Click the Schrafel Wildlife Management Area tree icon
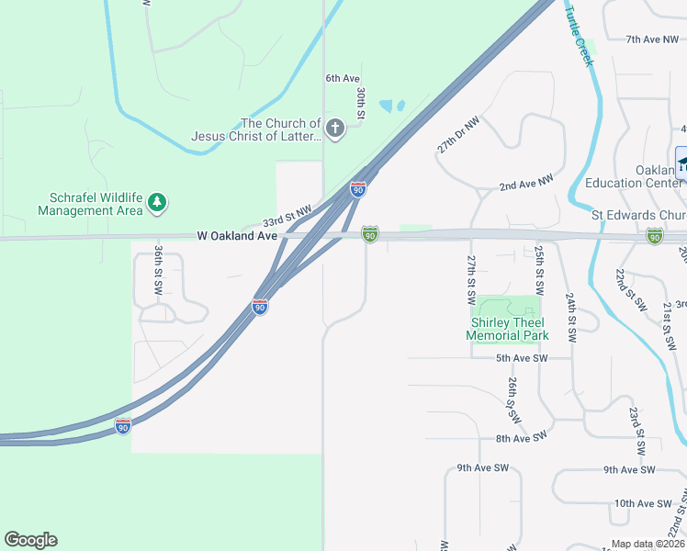click(x=157, y=201)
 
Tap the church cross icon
click(x=334, y=128)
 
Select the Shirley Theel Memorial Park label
click(x=507, y=329)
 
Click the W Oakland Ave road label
click(x=237, y=236)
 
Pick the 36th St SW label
click(x=159, y=268)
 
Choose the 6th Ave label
click(x=343, y=79)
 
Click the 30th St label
click(x=362, y=104)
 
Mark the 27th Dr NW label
click(x=458, y=134)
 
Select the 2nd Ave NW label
click(x=526, y=185)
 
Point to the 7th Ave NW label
click(x=650, y=39)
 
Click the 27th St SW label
click(x=471, y=279)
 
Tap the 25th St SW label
click(x=539, y=267)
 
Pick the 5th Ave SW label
click(x=522, y=358)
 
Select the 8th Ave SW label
click(x=521, y=438)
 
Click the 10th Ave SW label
click(x=644, y=503)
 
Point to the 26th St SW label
click(x=512, y=399)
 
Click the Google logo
click(x=30, y=540)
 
